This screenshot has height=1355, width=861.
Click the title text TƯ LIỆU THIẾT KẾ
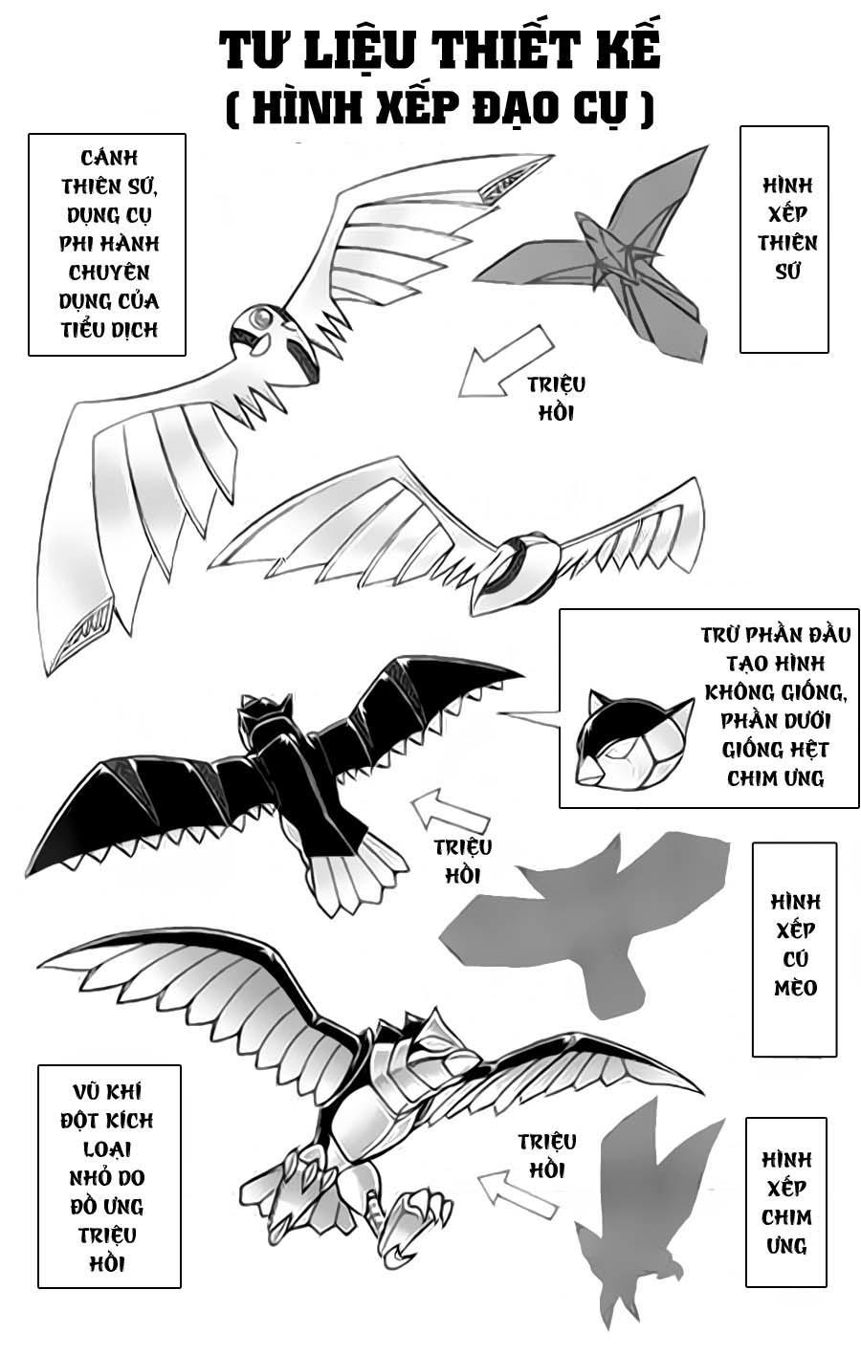[x=439, y=50]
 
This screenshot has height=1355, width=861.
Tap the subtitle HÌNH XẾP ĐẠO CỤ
[x=439, y=107]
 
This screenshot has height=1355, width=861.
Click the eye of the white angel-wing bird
[x=259, y=317]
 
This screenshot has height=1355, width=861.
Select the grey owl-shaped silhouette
[x=584, y=918]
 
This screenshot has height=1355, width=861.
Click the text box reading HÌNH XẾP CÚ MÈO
[x=794, y=948]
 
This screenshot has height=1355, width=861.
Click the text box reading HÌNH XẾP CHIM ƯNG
[x=785, y=1202]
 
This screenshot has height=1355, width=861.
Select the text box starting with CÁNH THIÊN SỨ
[x=107, y=244]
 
